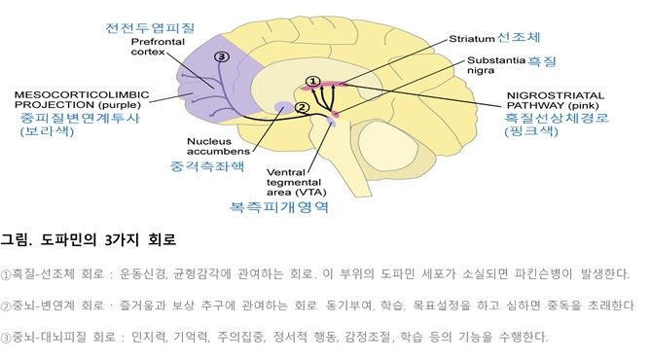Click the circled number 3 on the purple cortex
click(x=222, y=57)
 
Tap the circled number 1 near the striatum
click(x=312, y=81)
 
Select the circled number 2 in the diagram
click(x=302, y=107)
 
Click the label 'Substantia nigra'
click(x=493, y=65)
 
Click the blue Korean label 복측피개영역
click(x=293, y=207)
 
